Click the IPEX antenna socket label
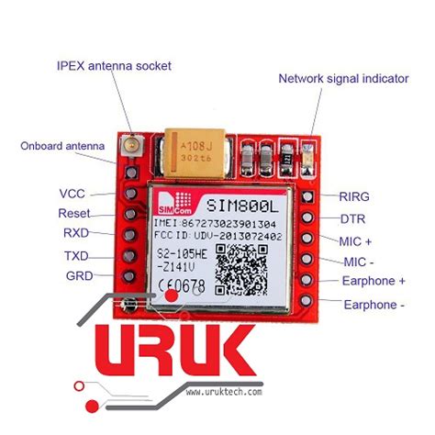[x=114, y=66]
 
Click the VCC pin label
[x=72, y=194]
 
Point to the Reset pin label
[x=74, y=213]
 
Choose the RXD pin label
[x=74, y=233]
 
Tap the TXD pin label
[x=75, y=254]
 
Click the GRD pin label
[x=74, y=275]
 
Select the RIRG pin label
[x=354, y=196]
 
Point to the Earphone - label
[x=373, y=304]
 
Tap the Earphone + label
[x=374, y=281]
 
